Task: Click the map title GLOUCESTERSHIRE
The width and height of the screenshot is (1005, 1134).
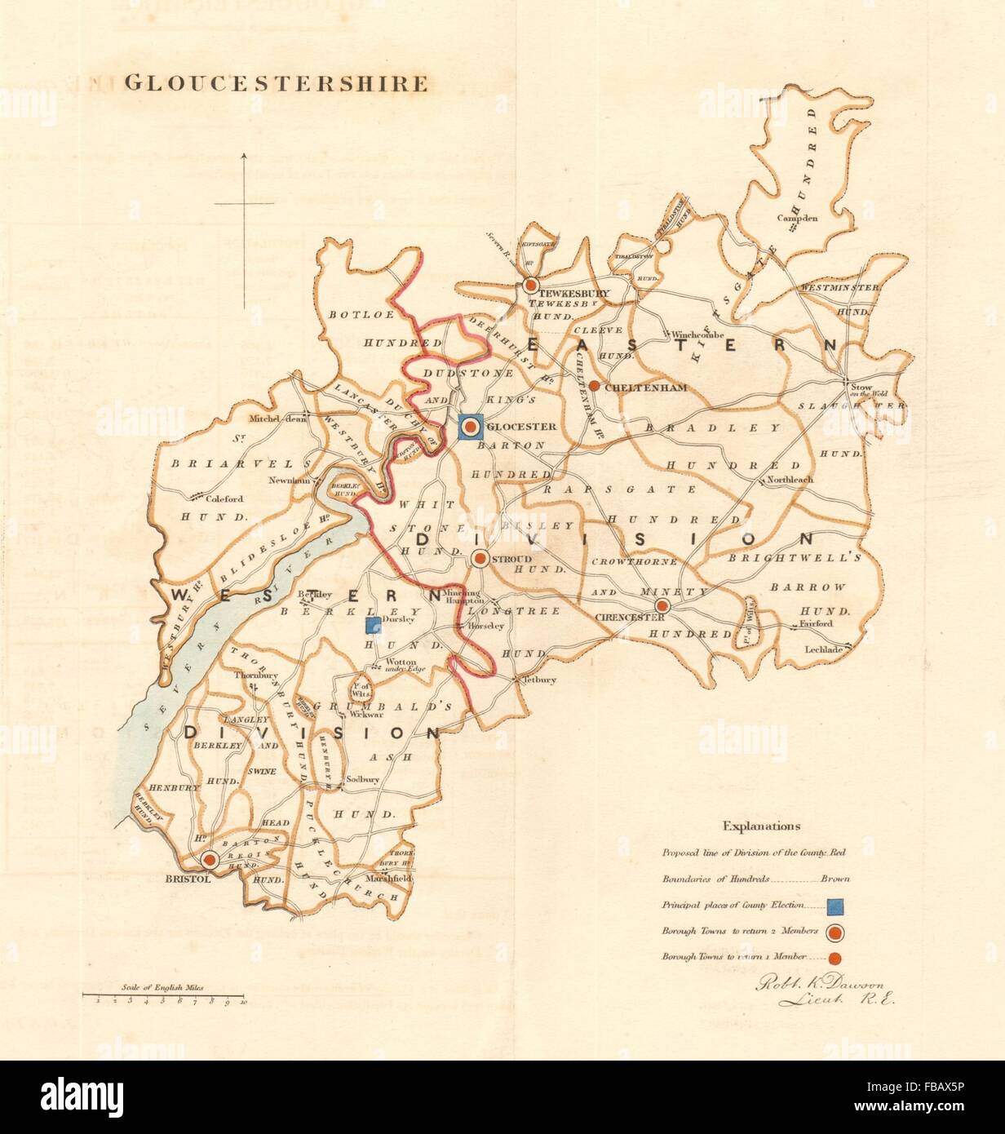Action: [x=275, y=83]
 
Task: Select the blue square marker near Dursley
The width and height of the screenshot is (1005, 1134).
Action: [x=373, y=626]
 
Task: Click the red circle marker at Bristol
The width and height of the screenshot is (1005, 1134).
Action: [x=209, y=859]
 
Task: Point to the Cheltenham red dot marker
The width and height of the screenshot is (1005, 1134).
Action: [x=595, y=386]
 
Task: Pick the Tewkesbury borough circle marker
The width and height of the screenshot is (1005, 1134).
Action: [x=529, y=286]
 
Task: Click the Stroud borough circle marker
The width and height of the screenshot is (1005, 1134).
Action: [x=480, y=559]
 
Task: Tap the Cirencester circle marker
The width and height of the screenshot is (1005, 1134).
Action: [x=663, y=605]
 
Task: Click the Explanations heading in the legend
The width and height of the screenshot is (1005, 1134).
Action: [x=755, y=826]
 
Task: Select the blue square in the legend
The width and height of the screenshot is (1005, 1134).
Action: [x=835, y=906]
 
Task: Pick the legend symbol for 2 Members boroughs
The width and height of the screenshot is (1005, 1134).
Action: [x=835, y=932]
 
